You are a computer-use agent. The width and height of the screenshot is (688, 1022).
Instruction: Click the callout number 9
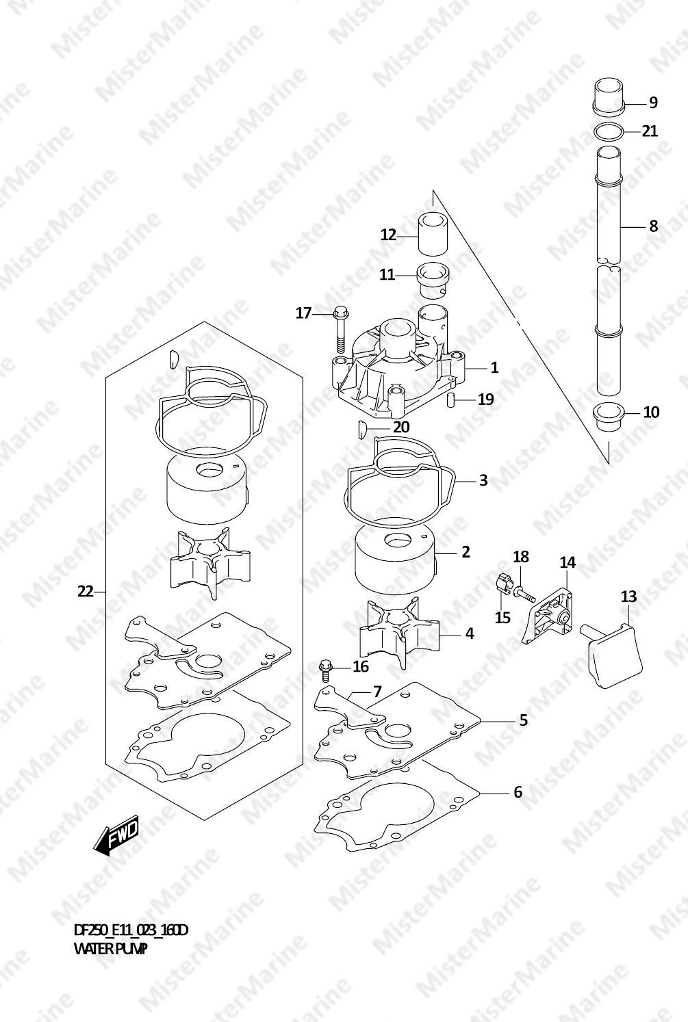click(x=653, y=103)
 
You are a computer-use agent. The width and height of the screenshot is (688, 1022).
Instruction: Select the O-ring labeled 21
click(x=609, y=132)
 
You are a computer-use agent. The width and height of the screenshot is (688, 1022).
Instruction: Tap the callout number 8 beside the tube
click(x=653, y=226)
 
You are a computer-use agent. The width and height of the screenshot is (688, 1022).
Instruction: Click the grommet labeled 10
click(x=609, y=415)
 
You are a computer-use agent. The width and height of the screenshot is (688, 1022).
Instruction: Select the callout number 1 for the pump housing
click(x=494, y=367)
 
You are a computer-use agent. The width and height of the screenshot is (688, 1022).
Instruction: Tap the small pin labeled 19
click(x=450, y=400)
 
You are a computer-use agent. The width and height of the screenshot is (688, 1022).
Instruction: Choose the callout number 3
click(x=483, y=480)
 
